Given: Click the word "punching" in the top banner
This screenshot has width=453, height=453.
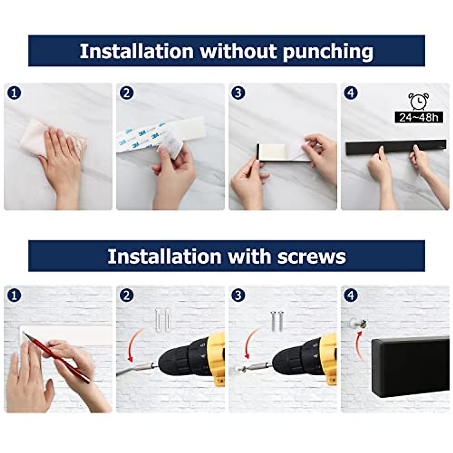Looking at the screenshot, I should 328,52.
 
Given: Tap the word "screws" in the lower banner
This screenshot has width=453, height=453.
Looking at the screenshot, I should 311,257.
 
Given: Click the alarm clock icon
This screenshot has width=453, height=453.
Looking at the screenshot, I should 419,101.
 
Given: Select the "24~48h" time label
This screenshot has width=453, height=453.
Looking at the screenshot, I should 419,117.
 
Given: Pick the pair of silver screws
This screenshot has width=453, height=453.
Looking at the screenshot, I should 277,321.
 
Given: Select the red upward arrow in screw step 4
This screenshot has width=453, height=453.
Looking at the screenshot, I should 359,345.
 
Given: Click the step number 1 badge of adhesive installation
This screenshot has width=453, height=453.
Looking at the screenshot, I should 14,93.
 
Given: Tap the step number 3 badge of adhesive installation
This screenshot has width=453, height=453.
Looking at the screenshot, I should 238,93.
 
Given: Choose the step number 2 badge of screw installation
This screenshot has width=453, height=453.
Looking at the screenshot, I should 126,295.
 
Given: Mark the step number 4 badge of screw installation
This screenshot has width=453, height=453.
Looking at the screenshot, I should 351,295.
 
